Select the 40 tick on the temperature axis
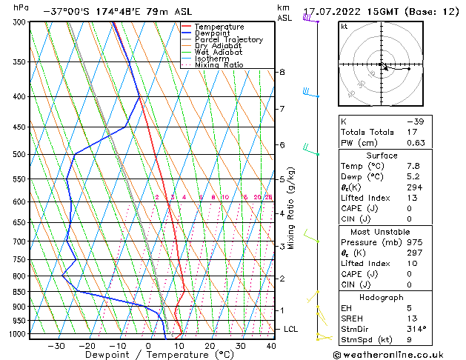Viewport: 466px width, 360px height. point(271,345)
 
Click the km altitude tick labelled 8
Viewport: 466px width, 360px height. point(282,72)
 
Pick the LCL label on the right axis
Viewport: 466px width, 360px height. point(291,329)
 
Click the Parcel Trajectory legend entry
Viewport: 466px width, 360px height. point(227,39)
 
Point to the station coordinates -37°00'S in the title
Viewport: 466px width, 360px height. point(69,12)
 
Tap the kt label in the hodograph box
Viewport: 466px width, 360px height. point(344,26)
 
